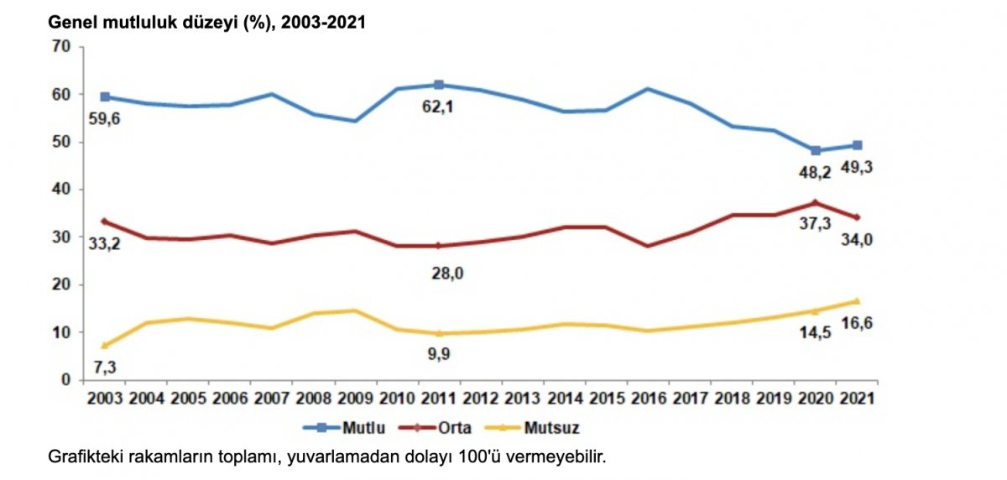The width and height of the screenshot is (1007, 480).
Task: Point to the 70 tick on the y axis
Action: pyautogui.click(x=60, y=46)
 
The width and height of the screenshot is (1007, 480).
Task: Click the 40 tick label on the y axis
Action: pyautogui.click(x=60, y=190)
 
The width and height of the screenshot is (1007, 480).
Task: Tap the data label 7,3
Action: pyautogui.click(x=105, y=366)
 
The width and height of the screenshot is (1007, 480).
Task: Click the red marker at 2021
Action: pyautogui.click(x=856, y=217)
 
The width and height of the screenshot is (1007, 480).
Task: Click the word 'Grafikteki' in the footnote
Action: pyautogui.click(x=84, y=457)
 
